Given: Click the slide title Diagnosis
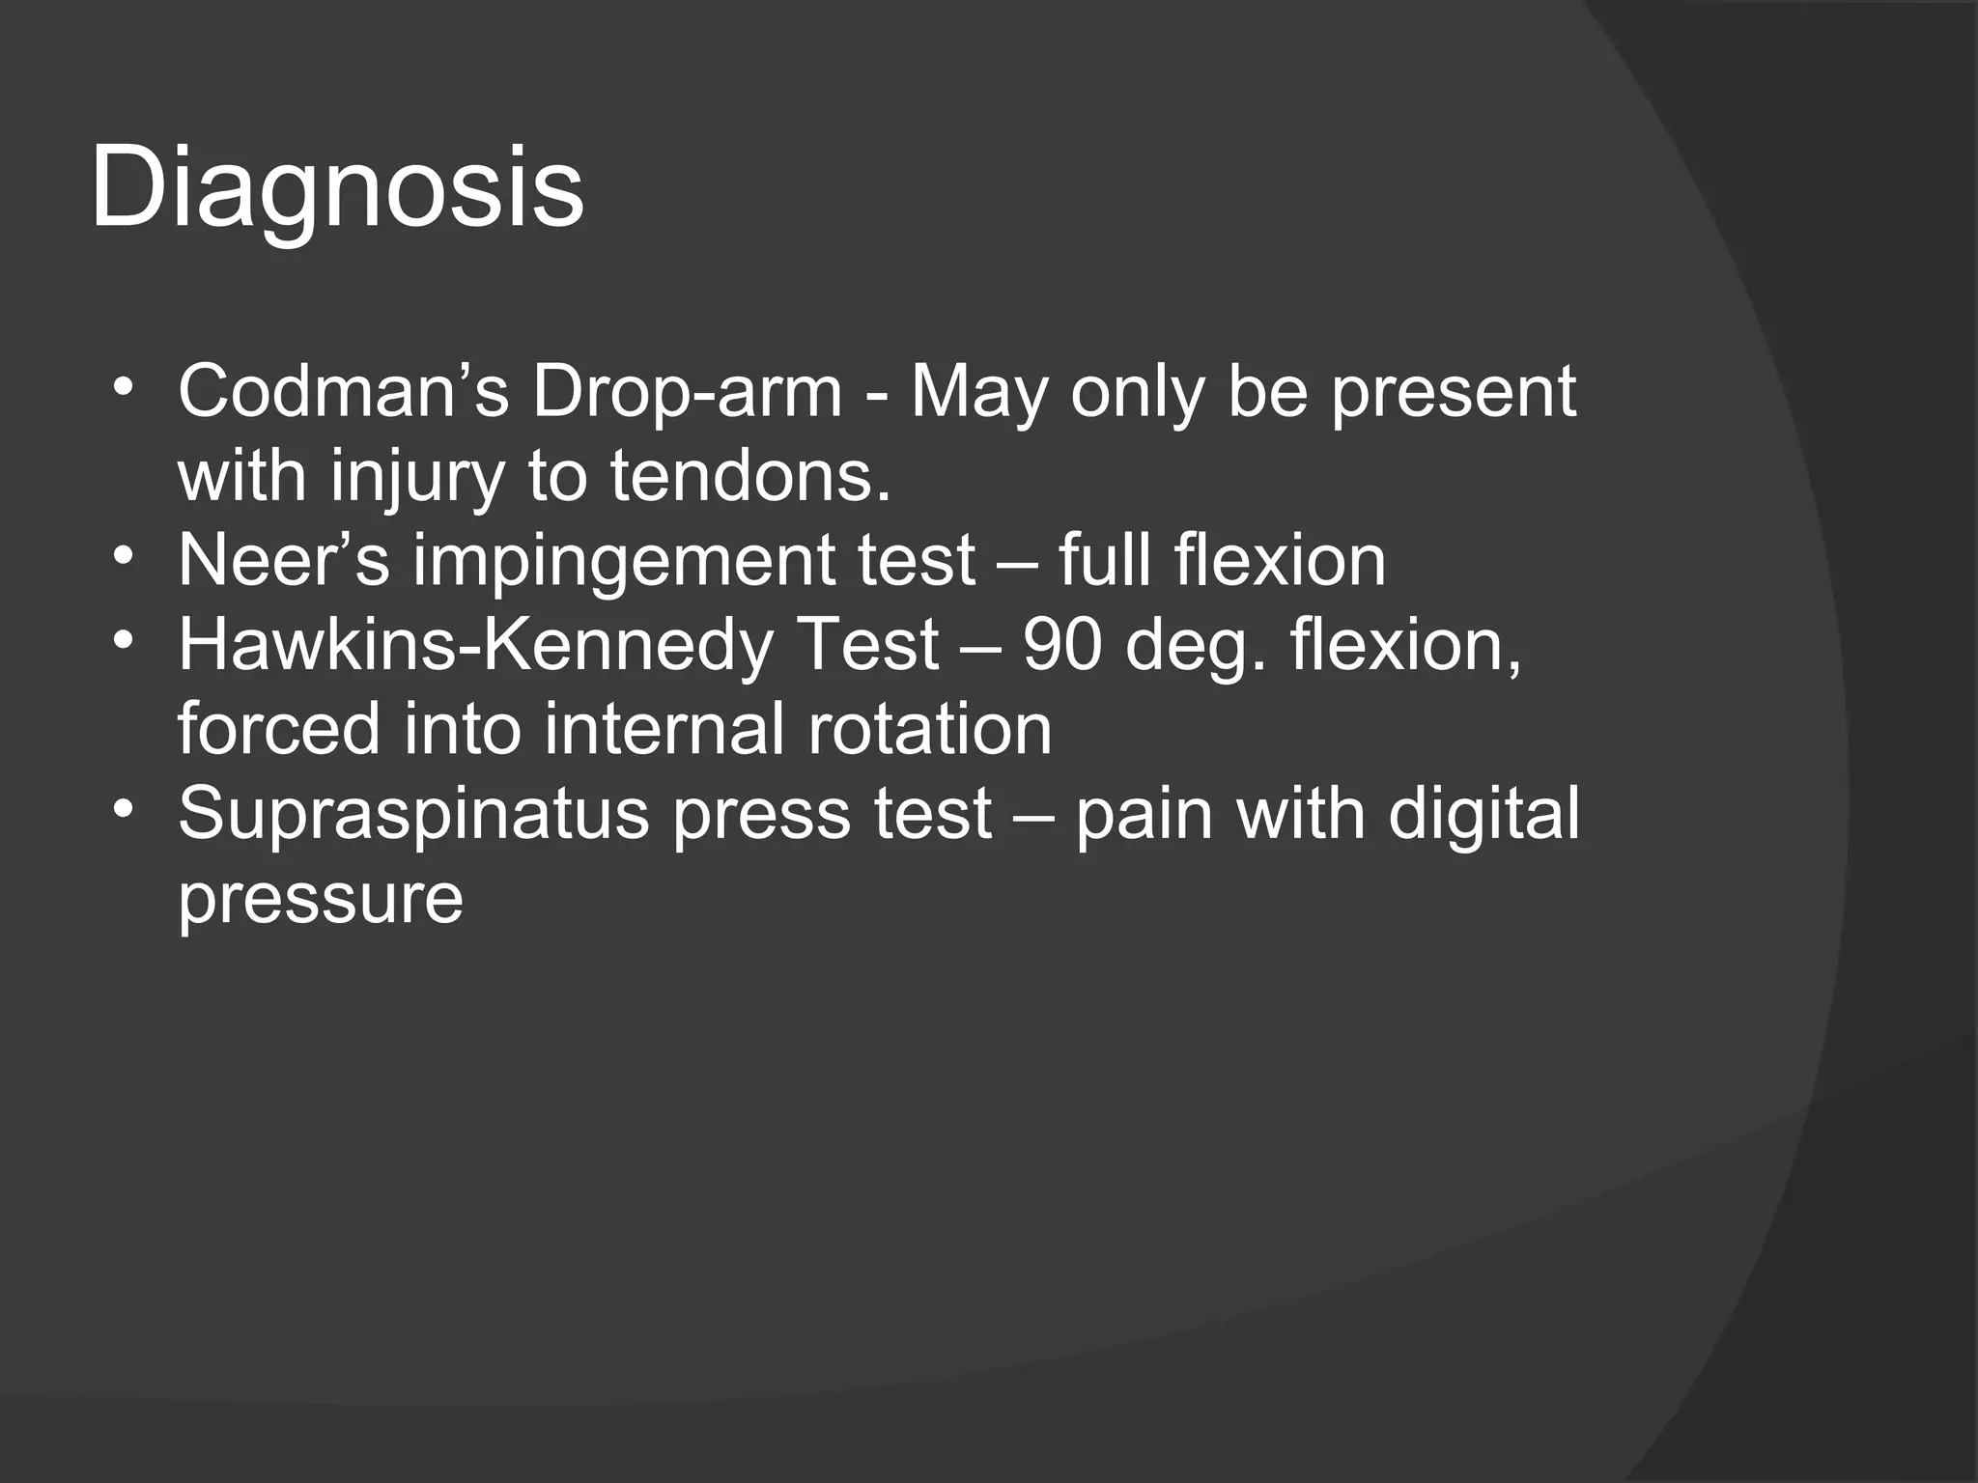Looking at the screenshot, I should (337, 188).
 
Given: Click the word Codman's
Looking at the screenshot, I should (343, 392).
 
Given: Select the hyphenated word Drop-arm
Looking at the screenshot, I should (687, 392).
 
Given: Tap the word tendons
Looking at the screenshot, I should (749, 476).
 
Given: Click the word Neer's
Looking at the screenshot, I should (284, 561).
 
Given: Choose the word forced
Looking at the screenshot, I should (278, 729).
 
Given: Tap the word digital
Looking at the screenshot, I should (1483, 814).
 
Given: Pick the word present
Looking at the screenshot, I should (1454, 392).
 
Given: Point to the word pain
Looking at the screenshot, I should (1144, 814).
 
